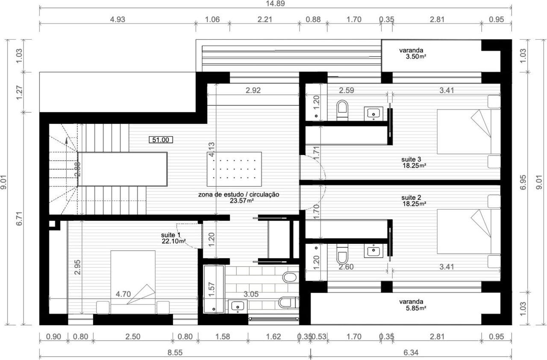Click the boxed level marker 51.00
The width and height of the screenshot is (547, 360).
[x=161, y=140]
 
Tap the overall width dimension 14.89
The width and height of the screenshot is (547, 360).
[x=275, y=4]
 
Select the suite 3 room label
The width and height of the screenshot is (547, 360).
[x=411, y=159]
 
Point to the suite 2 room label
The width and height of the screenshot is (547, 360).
[x=411, y=197]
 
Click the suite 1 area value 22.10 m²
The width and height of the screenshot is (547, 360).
[x=174, y=241]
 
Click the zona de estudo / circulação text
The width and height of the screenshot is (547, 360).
[x=238, y=195]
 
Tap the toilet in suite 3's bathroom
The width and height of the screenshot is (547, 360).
[x=342, y=110]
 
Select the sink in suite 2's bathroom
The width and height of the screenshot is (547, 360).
[x=373, y=250]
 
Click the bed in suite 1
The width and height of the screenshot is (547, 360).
[x=133, y=282]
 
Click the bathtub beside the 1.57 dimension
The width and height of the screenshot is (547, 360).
[x=214, y=289]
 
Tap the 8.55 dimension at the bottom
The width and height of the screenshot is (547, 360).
[x=175, y=352]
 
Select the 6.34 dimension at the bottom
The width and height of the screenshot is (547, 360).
[x=411, y=352]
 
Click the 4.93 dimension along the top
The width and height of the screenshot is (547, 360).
[x=118, y=20]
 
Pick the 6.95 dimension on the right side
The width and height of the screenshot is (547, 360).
[x=523, y=182]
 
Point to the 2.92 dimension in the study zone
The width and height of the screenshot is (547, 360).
[x=253, y=90]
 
